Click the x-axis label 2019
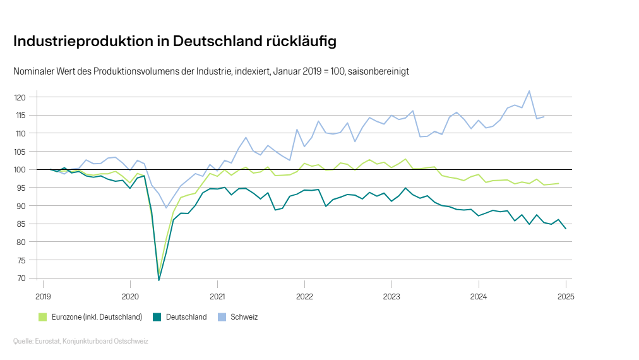pyautogui.click(x=43, y=296)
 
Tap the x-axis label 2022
pyautogui.click(x=304, y=296)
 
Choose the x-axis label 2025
pyautogui.click(x=565, y=296)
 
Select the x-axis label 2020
pyautogui.click(x=130, y=296)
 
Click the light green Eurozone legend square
pyautogui.click(x=43, y=317)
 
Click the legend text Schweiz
pyautogui.click(x=244, y=317)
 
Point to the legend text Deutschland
pyautogui.click(x=186, y=317)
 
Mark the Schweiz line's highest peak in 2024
pyautogui.click(x=529, y=91)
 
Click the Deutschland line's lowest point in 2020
pyautogui.click(x=158, y=280)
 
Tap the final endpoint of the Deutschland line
pyautogui.click(x=565, y=229)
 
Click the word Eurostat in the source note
pyautogui.click(x=48, y=341)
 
